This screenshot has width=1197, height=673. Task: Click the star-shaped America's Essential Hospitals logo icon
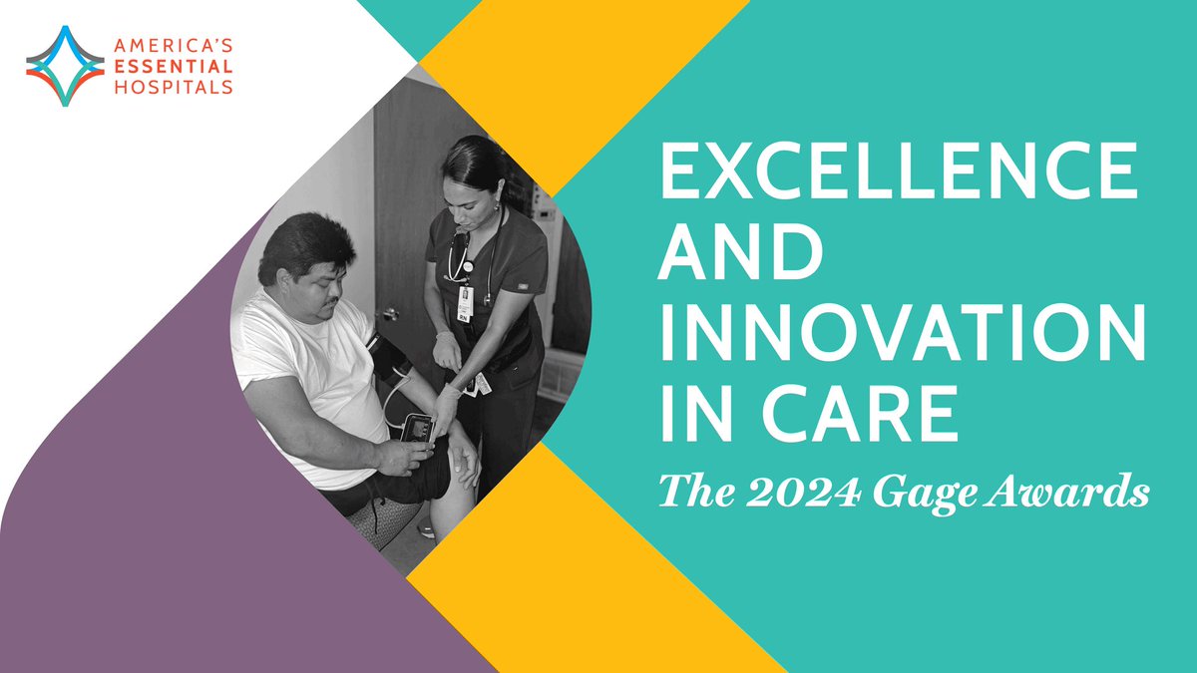tap(65, 66)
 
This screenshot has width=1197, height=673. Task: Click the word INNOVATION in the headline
tap(897, 336)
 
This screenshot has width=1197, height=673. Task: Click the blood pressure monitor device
tap(417, 428)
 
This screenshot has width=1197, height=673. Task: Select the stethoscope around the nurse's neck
tap(461, 257)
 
